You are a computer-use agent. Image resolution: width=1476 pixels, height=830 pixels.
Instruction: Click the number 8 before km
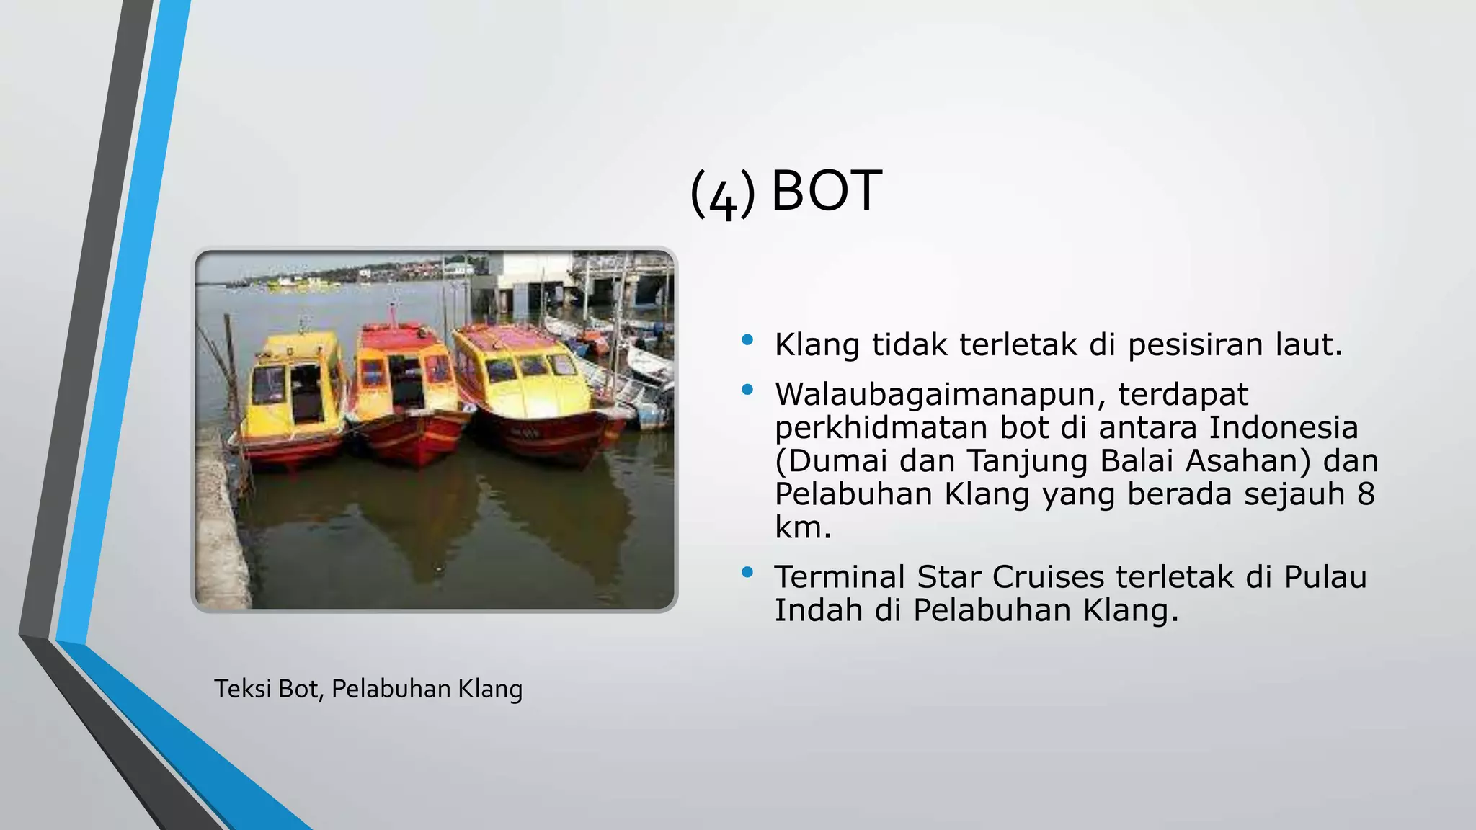pos(1365,494)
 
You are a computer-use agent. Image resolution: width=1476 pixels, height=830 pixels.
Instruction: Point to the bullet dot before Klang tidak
pos(747,339)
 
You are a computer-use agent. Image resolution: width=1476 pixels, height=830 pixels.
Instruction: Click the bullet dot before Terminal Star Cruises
pos(747,572)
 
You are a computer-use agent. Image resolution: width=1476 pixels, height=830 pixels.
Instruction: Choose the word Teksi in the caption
pos(242,690)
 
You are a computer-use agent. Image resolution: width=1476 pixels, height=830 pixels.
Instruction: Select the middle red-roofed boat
pos(408,389)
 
